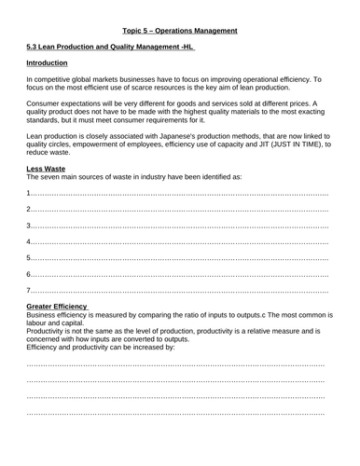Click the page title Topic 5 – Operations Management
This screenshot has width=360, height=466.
180,31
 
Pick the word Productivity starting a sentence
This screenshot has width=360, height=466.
48,331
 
